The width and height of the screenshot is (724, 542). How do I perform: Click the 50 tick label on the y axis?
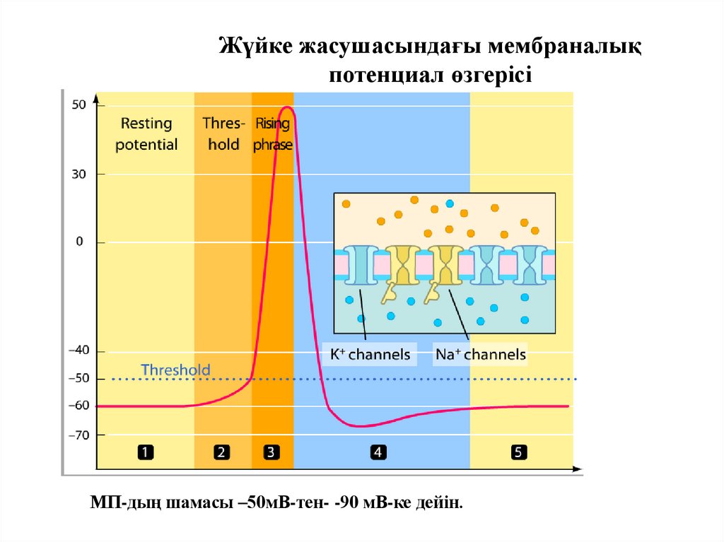point(78,105)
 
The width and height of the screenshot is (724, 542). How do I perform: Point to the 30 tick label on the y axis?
point(78,173)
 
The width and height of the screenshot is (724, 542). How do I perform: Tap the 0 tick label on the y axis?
point(80,242)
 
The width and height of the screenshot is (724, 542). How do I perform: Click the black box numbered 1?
point(146,453)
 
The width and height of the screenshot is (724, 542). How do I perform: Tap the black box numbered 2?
point(222,453)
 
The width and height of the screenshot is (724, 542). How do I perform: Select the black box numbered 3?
point(271,453)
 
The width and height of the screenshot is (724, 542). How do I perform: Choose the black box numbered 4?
point(378,453)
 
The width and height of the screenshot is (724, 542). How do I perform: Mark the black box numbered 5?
point(519,453)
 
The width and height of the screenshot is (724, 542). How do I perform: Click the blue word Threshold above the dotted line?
point(175,370)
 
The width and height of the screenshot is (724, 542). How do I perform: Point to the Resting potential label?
point(146,134)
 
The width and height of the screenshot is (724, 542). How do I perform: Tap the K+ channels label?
point(370,354)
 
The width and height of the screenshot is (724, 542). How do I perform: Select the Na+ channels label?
point(481,354)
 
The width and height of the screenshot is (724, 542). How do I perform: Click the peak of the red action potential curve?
point(286,107)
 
